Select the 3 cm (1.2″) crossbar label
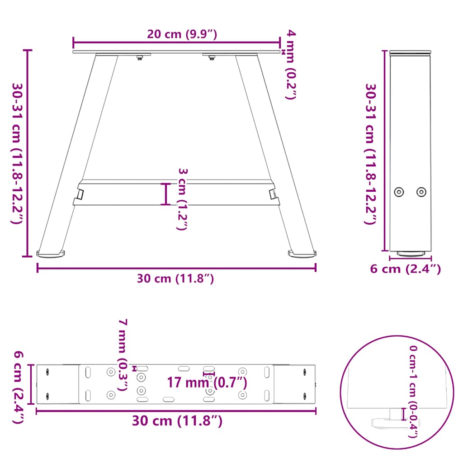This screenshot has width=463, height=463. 181,199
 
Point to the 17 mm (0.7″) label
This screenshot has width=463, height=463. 207,383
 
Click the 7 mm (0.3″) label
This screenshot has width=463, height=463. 123,354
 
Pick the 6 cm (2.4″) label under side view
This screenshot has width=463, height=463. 405,269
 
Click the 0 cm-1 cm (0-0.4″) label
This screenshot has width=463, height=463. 413,392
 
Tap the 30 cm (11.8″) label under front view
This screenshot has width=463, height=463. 175,279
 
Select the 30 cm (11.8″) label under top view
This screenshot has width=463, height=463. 177,421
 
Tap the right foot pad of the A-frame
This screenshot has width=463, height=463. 302,254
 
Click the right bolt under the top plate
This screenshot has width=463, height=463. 212,57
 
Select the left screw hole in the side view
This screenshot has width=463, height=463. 399,192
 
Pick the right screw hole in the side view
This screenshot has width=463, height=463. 421,192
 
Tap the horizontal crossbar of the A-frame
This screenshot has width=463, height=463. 176,193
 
